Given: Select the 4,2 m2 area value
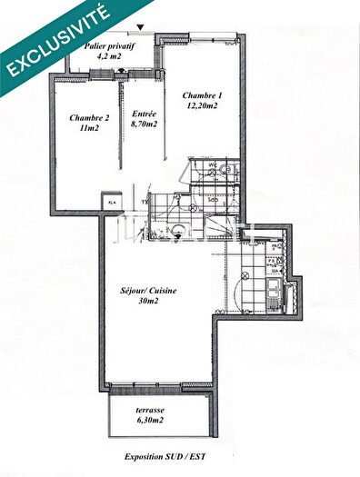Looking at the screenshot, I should (109, 55).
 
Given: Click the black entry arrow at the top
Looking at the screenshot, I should (139, 28).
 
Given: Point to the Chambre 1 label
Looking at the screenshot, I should (200, 95).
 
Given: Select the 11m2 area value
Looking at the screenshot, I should (88, 129).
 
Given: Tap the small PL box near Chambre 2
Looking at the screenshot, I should (112, 202).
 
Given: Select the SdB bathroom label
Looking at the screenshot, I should (211, 198).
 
